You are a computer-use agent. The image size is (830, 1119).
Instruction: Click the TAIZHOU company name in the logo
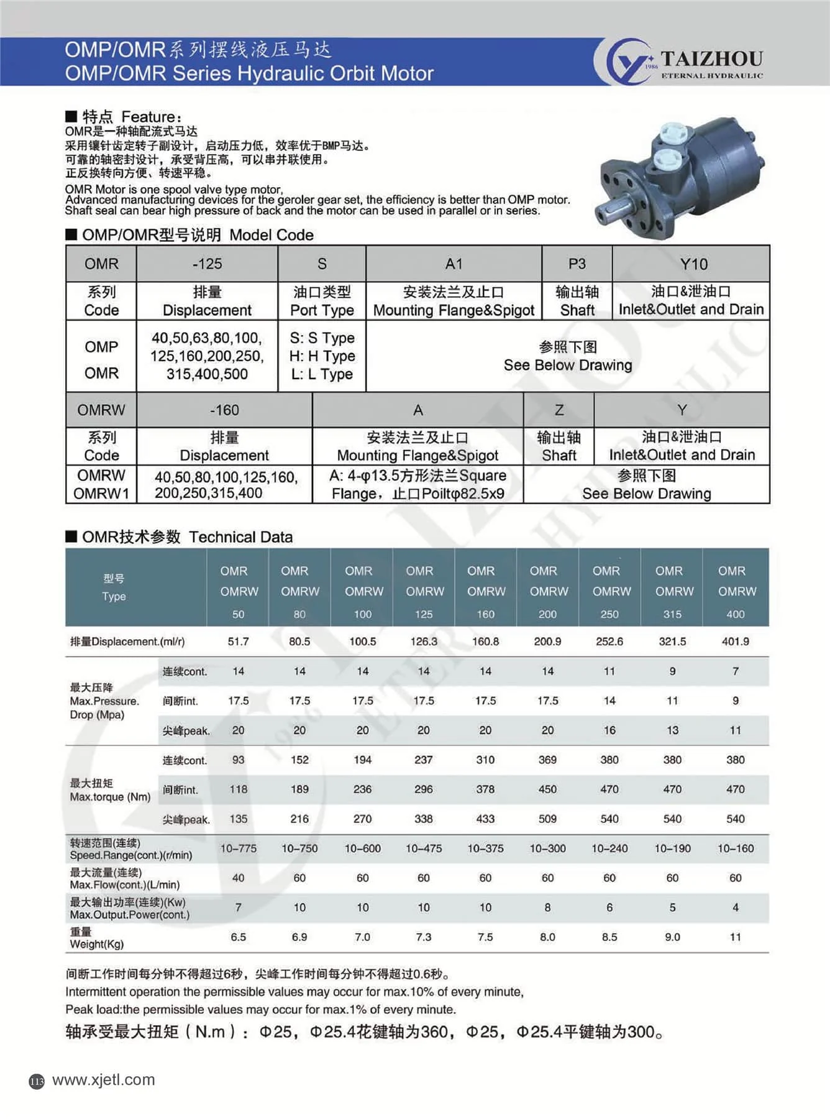pos(711,58)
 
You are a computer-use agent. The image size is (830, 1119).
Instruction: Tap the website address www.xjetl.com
pos(103,1080)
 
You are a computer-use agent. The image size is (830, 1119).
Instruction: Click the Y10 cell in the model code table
pos(693,264)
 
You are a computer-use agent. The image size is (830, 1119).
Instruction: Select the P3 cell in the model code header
pos(577,264)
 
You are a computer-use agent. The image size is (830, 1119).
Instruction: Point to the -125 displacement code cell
pos(207,264)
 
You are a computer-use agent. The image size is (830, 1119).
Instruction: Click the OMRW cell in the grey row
pos(101,410)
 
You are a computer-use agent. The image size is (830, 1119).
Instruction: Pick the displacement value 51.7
pos(238,642)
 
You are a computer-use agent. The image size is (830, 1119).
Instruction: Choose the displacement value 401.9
pos(735,642)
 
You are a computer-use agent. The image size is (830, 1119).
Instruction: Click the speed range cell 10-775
pos(238,849)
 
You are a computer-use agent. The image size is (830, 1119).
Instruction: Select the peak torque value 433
pos(485,819)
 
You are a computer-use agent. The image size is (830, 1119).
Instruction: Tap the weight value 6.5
pos(238,937)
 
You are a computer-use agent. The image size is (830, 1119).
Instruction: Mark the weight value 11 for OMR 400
pos(735,937)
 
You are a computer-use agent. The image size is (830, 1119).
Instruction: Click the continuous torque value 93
pos(238,760)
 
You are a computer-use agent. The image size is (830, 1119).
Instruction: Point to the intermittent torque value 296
pos(423,790)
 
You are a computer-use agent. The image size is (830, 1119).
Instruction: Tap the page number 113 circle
pos(37,1082)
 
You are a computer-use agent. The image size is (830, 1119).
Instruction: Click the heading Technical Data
pos(240,537)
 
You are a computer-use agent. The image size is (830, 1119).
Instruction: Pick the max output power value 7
pos(238,908)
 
